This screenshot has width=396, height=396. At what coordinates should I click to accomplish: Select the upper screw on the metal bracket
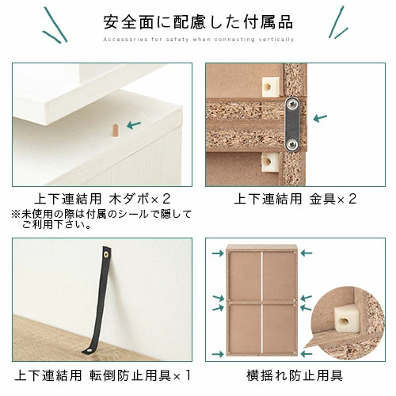tap(292, 103)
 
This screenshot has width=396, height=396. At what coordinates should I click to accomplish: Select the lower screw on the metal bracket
tap(292, 143)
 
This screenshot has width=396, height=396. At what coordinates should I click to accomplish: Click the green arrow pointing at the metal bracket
tap(320, 119)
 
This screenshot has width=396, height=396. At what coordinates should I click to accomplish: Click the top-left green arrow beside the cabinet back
tap(216, 255)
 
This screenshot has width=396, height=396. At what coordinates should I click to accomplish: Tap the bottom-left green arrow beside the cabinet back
tap(216, 353)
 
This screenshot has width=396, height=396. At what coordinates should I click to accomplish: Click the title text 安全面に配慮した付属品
tap(198, 21)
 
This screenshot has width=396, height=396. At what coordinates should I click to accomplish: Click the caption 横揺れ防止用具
tap(295, 375)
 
